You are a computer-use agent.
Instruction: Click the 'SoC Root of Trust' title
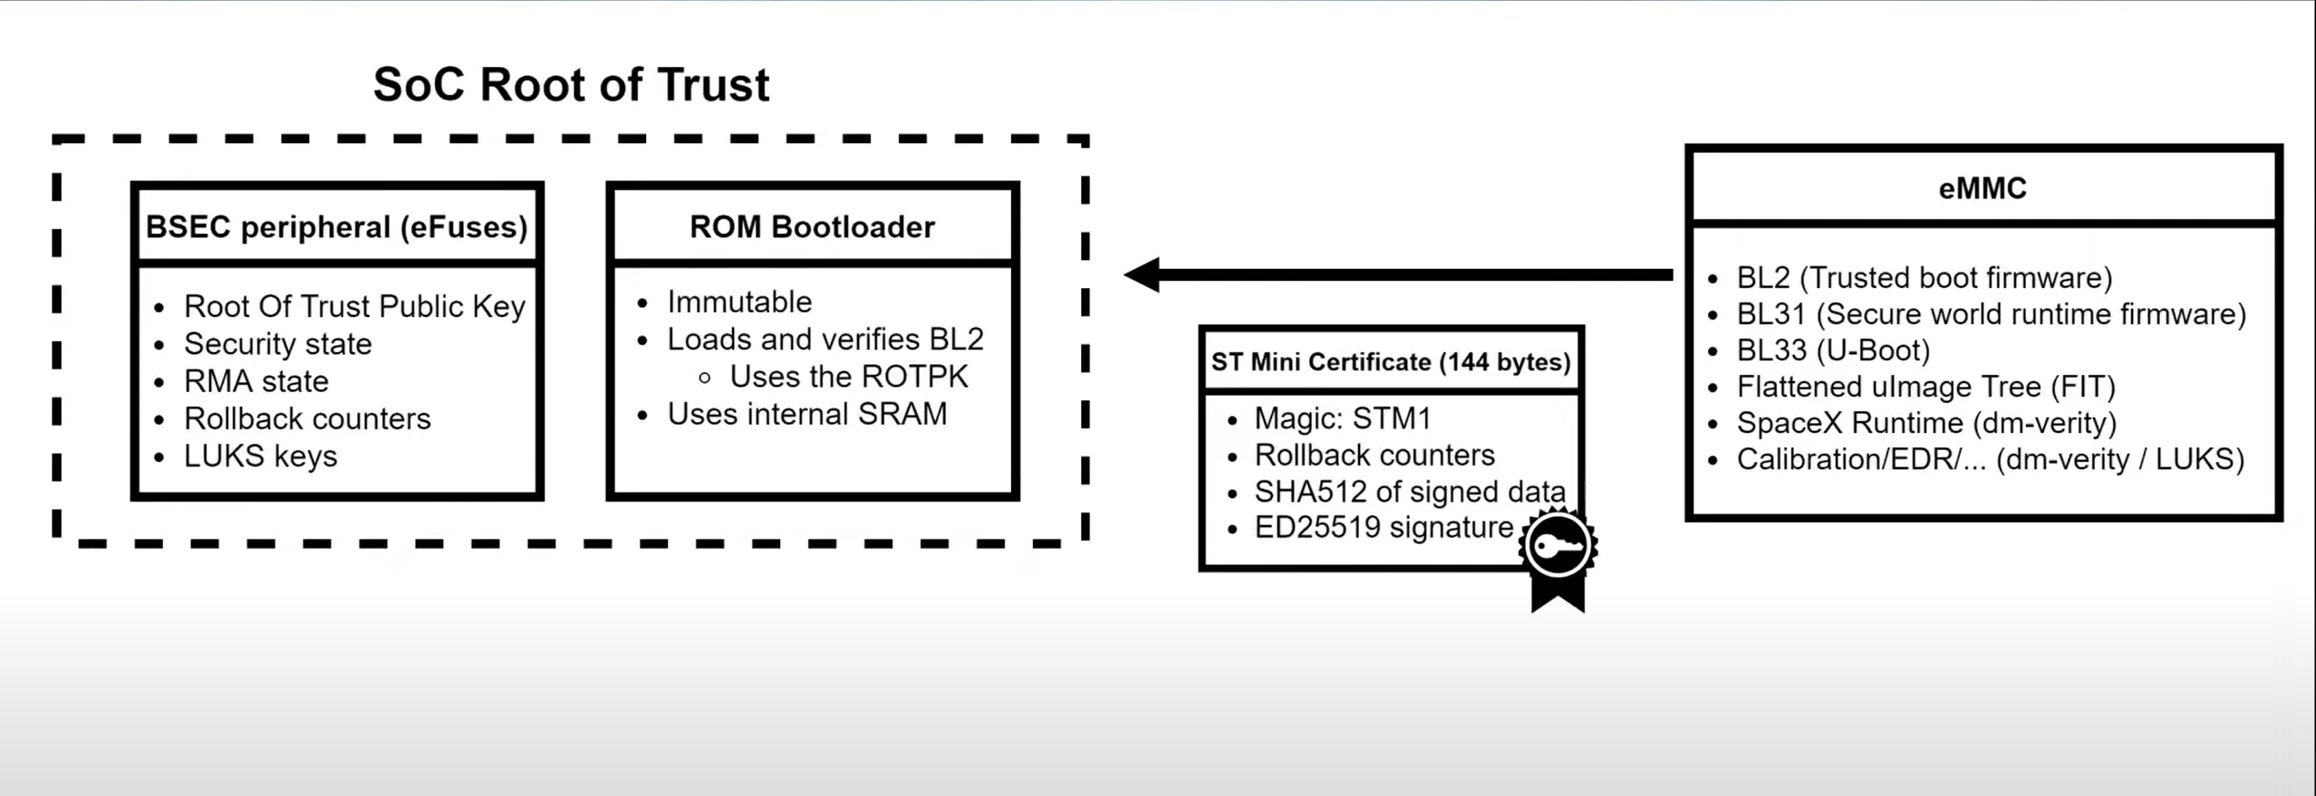coord(571,85)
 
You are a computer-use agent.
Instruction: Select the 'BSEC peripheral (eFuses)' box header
coord(336,226)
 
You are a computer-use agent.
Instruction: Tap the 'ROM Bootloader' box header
coord(812,226)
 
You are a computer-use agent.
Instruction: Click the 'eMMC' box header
coord(1983,188)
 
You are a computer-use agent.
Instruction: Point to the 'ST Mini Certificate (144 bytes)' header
coord(1390,362)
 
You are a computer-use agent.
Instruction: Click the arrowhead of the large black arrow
coord(1144,274)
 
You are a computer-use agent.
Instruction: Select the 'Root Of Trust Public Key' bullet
coord(354,307)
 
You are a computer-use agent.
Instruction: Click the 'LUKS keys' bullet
coord(260,456)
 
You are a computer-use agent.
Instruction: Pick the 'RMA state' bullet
coord(256,381)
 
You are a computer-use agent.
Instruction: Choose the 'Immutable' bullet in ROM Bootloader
coord(739,302)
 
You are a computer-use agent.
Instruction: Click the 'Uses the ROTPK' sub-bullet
coord(848,377)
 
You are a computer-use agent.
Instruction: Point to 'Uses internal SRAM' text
coord(806,414)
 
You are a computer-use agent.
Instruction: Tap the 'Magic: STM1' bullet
coord(1342,418)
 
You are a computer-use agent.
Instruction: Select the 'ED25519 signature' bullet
coord(1383,527)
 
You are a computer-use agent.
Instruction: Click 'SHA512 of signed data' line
coord(1409,492)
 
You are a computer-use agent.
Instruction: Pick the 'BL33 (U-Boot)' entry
coord(1832,350)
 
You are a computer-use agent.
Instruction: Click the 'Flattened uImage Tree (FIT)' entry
coord(1925,387)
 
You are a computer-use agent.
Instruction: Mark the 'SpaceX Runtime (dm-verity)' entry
coord(1925,423)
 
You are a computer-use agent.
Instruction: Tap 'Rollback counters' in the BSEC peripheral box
coord(307,419)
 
